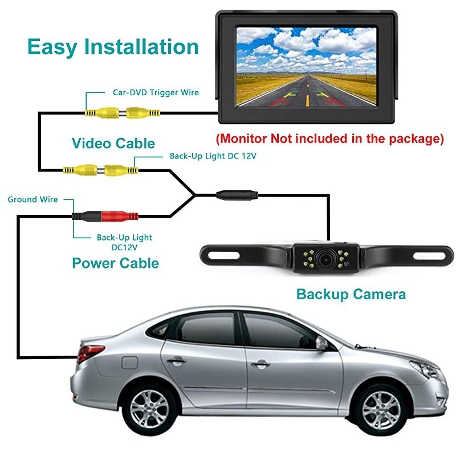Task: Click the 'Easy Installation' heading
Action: tap(113, 46)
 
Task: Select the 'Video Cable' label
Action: tap(113, 142)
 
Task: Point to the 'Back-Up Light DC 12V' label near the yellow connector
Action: tap(209, 156)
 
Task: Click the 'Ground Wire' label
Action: tap(32, 199)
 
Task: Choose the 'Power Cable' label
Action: tap(115, 263)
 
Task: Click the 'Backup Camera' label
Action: tap(351, 294)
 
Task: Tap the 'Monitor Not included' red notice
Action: tap(329, 139)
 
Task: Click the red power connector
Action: tap(120, 216)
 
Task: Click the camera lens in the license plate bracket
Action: tap(325, 258)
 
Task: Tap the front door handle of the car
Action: tap(260, 363)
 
